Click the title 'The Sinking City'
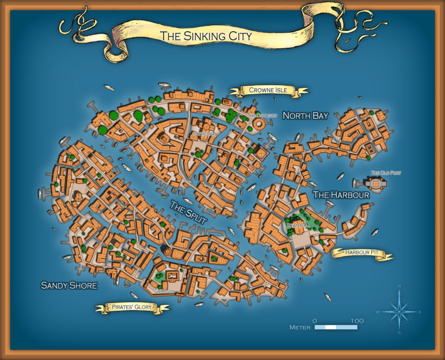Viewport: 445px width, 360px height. pos(206,36)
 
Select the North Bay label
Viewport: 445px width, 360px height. pos(305,116)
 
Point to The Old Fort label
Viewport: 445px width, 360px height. pos(386,173)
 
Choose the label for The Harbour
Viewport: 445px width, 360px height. pos(341,195)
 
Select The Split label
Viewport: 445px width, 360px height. pos(188,212)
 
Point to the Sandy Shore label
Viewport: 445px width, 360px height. pos(69,285)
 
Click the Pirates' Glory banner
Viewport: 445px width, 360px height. pos(132,307)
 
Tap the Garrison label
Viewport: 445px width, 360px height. pos(164,291)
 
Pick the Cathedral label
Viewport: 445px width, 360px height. pos(205,134)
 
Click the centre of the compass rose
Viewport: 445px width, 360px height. pos(399,311)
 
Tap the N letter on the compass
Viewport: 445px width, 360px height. pos(399,286)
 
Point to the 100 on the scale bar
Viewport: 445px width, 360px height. pos(357,320)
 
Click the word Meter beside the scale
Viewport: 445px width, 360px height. pos(300,327)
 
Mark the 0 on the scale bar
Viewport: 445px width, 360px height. pos(315,320)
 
